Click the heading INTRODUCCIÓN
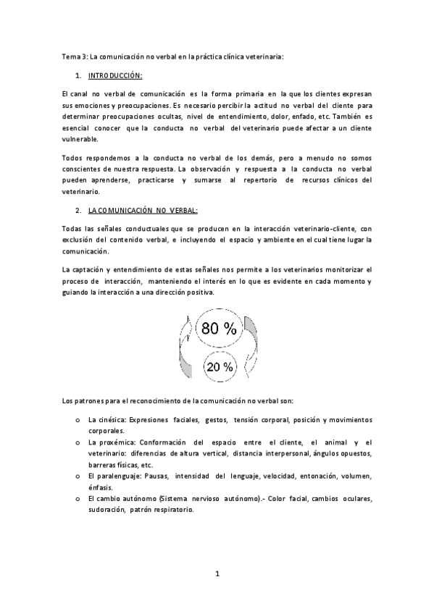(x=114, y=75)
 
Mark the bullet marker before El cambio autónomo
(x=77, y=499)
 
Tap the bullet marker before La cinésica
(x=77, y=419)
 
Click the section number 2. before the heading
(x=78, y=210)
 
